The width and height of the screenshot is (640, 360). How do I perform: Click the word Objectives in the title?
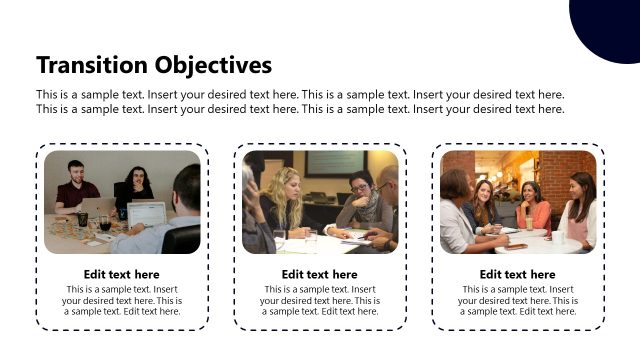[x=213, y=65]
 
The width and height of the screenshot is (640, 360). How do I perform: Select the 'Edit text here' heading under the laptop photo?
[x=122, y=274]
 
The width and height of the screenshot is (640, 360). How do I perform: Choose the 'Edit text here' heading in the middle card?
[x=319, y=274]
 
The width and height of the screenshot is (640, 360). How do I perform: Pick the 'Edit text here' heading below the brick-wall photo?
[x=517, y=274]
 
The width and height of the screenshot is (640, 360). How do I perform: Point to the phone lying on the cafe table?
[x=516, y=245]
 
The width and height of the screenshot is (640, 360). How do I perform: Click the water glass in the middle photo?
[x=311, y=240]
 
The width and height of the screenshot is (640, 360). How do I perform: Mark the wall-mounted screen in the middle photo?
[x=335, y=162]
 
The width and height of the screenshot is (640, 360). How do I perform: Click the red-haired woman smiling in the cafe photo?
[x=485, y=200]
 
